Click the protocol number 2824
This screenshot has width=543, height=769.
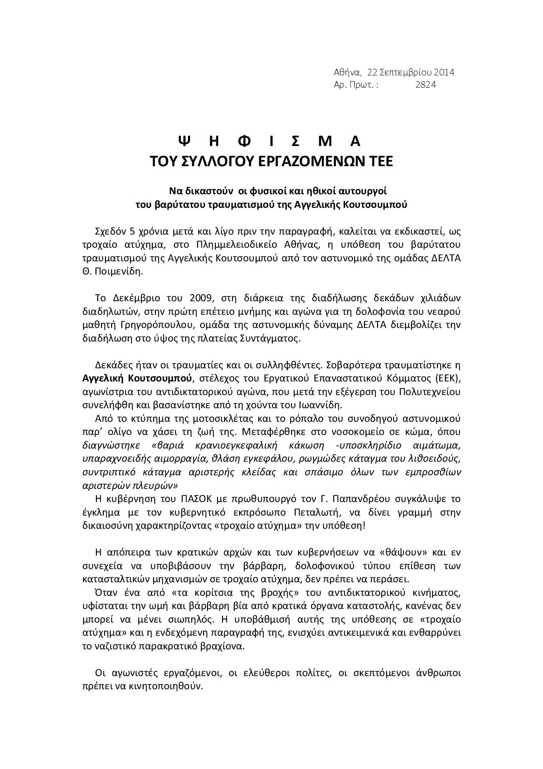coord(425,85)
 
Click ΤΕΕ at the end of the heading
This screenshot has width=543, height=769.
coord(379,161)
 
